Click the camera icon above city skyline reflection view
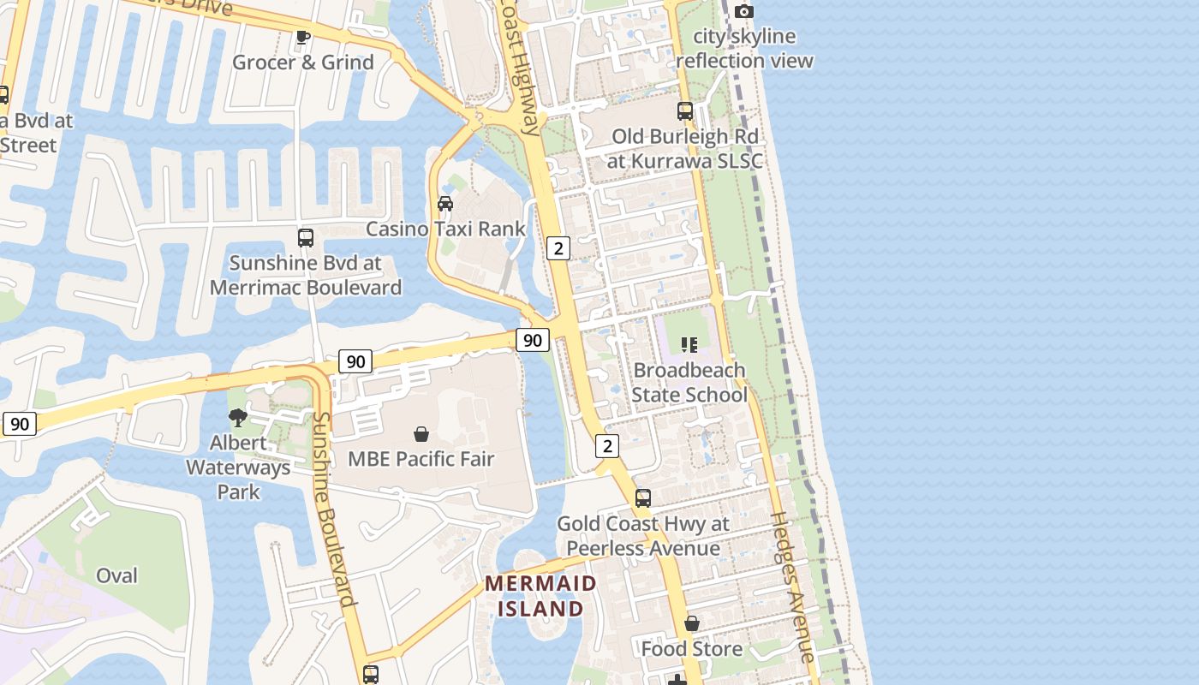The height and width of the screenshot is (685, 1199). pyautogui.click(x=744, y=11)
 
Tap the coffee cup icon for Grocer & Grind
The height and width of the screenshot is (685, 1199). pyautogui.click(x=301, y=37)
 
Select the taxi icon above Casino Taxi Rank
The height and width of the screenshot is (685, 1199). pyautogui.click(x=445, y=204)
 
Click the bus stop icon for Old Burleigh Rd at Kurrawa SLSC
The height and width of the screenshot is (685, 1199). pyautogui.click(x=685, y=111)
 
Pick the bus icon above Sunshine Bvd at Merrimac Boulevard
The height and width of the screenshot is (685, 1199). pyautogui.click(x=306, y=238)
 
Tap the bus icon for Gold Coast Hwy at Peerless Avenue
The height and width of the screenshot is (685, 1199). pyautogui.click(x=643, y=498)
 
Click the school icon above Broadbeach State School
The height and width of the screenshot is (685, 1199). pyautogui.click(x=689, y=345)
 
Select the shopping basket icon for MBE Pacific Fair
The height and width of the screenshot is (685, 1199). pyautogui.click(x=421, y=434)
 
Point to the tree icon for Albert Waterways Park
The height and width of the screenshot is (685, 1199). pyautogui.click(x=238, y=418)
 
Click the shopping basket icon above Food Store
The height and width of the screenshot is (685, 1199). pyautogui.click(x=692, y=624)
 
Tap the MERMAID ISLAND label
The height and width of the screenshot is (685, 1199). pyautogui.click(x=541, y=596)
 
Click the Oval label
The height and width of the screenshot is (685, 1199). pyautogui.click(x=116, y=575)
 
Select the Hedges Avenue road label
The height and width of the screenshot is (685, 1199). pyautogui.click(x=793, y=587)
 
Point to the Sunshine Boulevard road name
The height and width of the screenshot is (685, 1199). pyautogui.click(x=333, y=509)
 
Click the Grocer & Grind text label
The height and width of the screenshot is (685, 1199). pyautogui.click(x=303, y=63)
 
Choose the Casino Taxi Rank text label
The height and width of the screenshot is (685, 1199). pyautogui.click(x=445, y=229)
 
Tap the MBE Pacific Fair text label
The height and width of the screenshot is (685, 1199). pyautogui.click(x=421, y=459)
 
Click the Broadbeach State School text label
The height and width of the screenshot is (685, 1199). pyautogui.click(x=689, y=383)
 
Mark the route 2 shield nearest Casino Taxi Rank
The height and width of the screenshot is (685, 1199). pyautogui.click(x=558, y=248)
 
